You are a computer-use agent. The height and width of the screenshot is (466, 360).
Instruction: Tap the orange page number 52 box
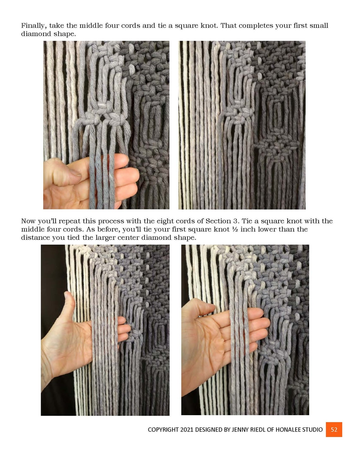[334, 429]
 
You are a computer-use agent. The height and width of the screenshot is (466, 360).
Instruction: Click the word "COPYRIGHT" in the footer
[163, 430]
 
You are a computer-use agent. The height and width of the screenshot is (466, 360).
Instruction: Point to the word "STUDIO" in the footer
[313, 430]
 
